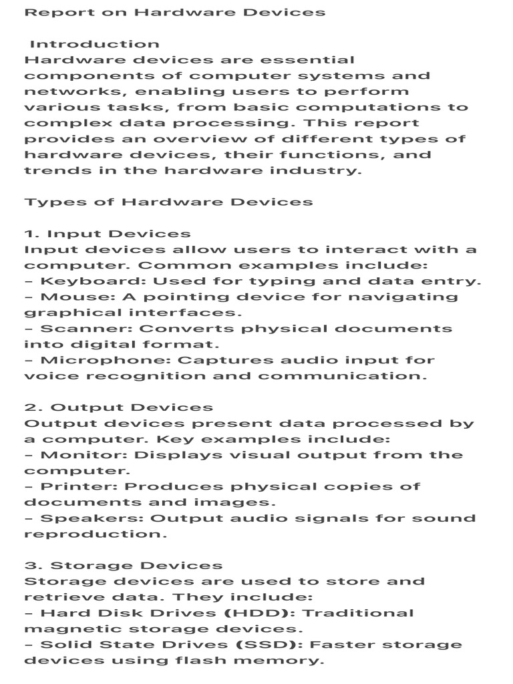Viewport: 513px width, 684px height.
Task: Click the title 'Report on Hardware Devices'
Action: [175, 13]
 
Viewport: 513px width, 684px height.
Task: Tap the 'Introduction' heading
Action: [94, 44]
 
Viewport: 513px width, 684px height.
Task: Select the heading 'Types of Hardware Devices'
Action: [168, 202]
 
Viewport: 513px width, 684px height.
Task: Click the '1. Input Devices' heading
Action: [108, 234]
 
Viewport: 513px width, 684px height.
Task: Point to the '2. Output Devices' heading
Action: [119, 407]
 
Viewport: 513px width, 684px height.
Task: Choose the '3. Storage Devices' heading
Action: [124, 566]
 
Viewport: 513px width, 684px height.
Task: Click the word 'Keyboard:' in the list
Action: [81, 281]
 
